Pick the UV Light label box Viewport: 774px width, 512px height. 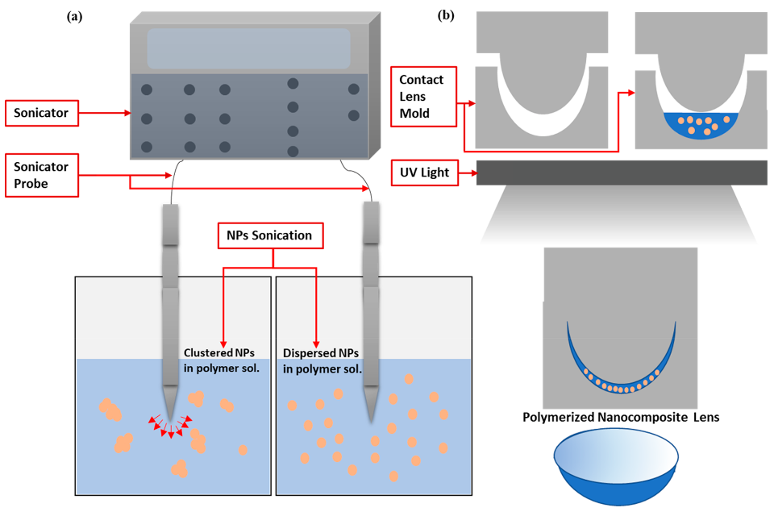424,173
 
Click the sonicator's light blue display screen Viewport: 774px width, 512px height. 248,48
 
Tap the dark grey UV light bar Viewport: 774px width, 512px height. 621,173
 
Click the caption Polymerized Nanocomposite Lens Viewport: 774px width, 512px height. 621,418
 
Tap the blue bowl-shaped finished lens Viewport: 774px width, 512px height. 620,465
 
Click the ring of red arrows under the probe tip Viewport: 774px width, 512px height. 169,425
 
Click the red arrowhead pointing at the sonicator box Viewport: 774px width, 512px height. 127,114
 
